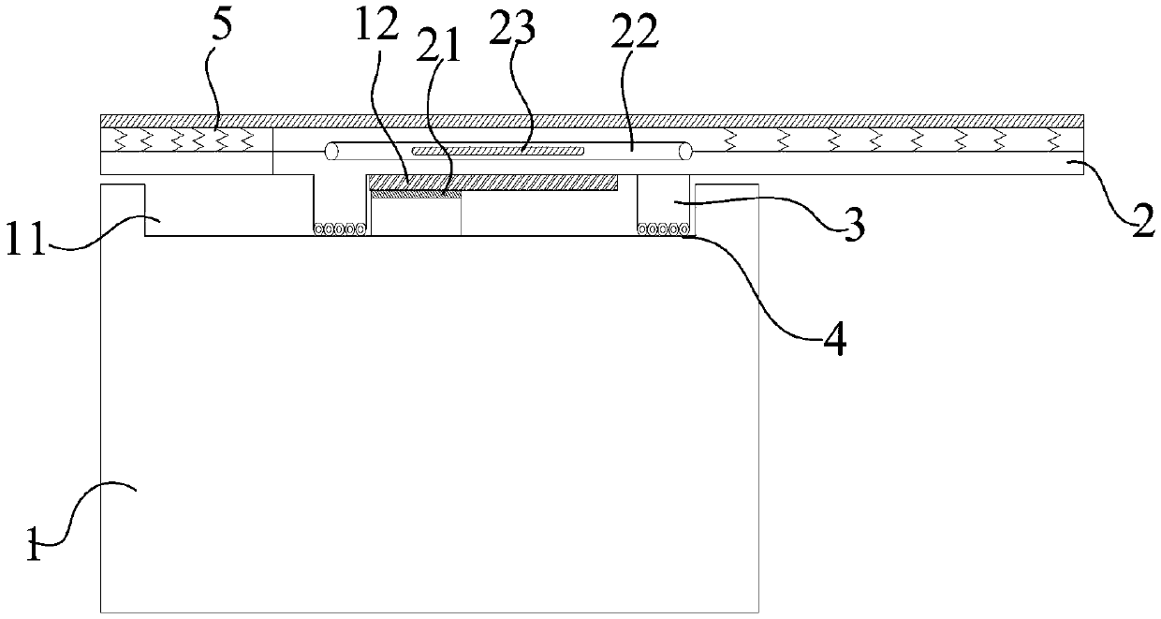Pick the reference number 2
[x=1140, y=224]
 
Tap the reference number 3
[x=850, y=228]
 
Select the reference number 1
[x=34, y=546]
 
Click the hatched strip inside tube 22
[x=498, y=150]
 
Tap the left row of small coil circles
[x=339, y=228]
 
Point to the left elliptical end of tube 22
[x=331, y=150]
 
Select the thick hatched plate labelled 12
[x=492, y=182]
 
